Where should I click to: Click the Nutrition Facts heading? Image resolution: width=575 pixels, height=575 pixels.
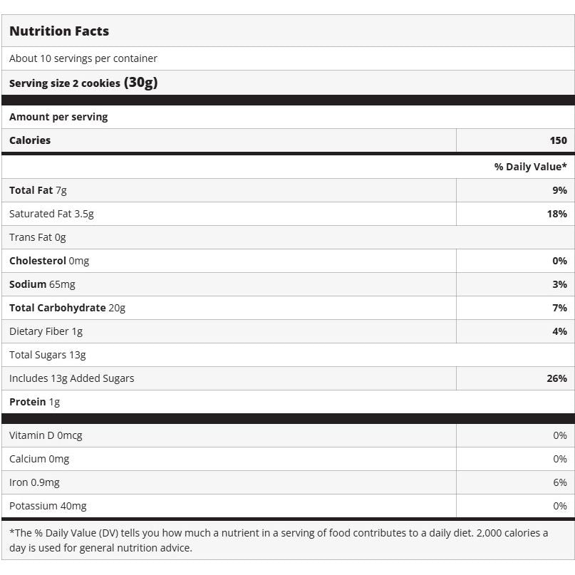click(x=59, y=31)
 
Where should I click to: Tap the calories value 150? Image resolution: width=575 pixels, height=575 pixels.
click(x=558, y=140)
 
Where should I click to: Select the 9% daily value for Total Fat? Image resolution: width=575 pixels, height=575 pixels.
click(x=559, y=190)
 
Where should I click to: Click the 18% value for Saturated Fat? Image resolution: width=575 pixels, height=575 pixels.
click(x=557, y=214)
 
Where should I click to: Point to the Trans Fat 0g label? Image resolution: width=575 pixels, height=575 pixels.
click(x=38, y=237)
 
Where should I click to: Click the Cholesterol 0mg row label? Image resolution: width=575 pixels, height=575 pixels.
click(x=49, y=261)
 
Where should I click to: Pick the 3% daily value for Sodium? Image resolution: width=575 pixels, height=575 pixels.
click(x=559, y=284)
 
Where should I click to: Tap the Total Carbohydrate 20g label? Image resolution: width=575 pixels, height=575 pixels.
click(x=67, y=308)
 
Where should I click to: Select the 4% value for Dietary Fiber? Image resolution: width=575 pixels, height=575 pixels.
click(x=559, y=331)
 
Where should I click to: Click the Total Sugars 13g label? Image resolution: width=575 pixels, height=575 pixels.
click(x=48, y=355)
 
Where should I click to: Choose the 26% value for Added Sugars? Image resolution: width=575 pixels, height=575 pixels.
click(x=557, y=378)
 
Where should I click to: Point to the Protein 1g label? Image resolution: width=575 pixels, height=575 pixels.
click(x=34, y=402)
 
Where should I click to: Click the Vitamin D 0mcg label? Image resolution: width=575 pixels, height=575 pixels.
click(x=46, y=435)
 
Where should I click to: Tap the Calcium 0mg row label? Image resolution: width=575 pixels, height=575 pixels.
click(x=39, y=459)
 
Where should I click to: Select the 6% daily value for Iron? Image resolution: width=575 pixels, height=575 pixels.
click(x=560, y=482)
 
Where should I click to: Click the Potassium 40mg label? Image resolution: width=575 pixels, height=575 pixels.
click(x=48, y=506)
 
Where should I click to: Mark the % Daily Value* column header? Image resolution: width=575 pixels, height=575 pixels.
click(x=531, y=167)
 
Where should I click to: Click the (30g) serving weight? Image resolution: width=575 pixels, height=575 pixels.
click(x=140, y=83)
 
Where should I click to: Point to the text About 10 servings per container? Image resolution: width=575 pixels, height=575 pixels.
click(x=83, y=58)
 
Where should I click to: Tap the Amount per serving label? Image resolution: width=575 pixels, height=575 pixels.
click(x=58, y=117)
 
